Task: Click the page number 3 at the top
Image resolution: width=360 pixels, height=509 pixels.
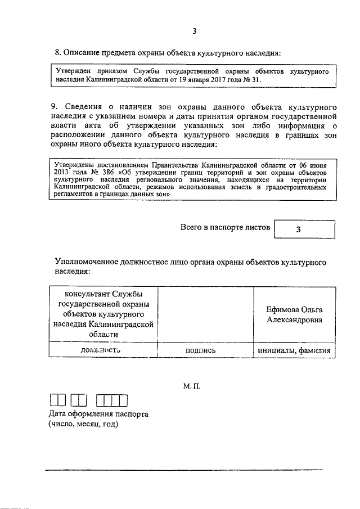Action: [x=195, y=31]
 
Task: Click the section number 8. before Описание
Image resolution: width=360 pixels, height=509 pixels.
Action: [x=57, y=53]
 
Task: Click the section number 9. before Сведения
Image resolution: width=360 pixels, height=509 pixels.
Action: [x=55, y=106]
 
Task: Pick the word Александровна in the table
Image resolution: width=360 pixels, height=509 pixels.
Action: [x=295, y=320]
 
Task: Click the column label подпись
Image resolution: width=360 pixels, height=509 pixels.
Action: [x=205, y=350]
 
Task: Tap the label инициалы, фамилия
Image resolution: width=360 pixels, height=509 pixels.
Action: [x=296, y=350]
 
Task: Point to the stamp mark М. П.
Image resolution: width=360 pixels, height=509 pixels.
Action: [x=192, y=388]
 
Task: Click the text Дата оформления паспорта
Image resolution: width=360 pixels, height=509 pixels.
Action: [x=98, y=414]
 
